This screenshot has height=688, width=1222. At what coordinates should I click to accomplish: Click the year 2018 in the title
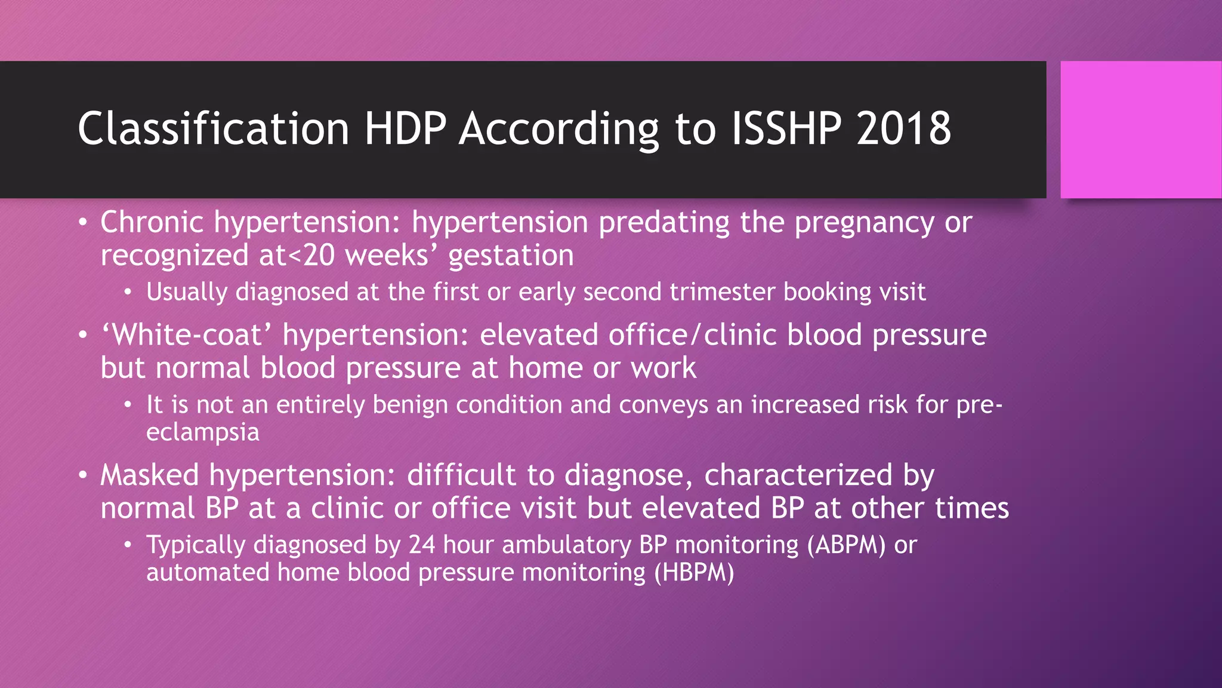[903, 128]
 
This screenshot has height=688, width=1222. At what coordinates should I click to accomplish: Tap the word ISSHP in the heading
[786, 128]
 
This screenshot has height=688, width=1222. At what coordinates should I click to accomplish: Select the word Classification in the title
[213, 128]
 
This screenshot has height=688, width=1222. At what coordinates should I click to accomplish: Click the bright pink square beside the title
[1140, 130]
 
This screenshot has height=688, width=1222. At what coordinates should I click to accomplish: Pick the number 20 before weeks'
[319, 256]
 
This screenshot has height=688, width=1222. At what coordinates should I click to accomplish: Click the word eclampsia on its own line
[203, 432]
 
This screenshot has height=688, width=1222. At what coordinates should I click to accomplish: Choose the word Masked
[149, 475]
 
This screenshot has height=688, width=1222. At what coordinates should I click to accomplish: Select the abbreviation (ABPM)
[845, 545]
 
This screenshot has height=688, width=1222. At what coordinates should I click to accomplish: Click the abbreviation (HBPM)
[694, 573]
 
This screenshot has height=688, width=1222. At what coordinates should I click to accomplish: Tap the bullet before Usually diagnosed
[128, 293]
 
